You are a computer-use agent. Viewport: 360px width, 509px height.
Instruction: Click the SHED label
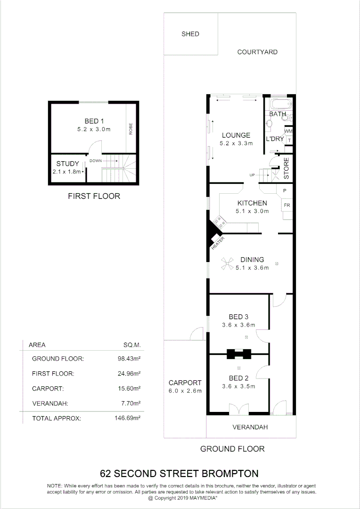click(190, 34)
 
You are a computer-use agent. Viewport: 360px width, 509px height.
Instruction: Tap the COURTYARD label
click(257, 52)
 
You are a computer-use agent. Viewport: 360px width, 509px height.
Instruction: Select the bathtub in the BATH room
click(280, 104)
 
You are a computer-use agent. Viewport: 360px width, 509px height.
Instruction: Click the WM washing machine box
click(288, 131)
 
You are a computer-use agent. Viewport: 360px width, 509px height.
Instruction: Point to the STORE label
click(286, 168)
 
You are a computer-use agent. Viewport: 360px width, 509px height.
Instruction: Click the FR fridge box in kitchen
click(286, 205)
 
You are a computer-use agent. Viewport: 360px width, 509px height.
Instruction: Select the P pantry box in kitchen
click(285, 191)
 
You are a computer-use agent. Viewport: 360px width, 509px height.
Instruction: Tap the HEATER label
click(218, 243)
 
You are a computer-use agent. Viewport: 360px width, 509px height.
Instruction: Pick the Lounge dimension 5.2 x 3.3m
click(236, 143)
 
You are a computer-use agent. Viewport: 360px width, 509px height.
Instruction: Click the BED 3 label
click(238, 317)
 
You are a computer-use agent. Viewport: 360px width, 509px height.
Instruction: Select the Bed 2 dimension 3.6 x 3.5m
click(238, 386)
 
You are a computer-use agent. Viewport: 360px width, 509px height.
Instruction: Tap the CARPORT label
click(185, 383)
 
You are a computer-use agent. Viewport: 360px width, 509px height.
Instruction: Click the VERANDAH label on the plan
click(251, 427)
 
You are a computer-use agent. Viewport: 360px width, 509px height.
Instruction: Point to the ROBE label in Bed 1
click(131, 129)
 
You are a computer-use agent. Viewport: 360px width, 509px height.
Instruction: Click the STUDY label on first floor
click(68, 164)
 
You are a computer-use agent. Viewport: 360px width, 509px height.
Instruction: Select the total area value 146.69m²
click(129, 418)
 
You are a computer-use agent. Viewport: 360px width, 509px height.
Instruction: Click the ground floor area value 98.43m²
click(129, 359)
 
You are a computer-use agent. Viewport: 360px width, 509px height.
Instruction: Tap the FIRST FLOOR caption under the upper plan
click(94, 196)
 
